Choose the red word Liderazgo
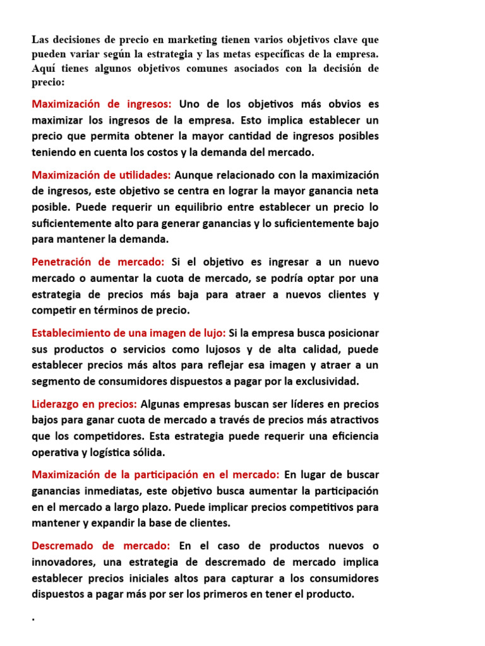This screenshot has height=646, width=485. coord(56,404)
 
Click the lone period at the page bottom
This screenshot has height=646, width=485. coord(33,620)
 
